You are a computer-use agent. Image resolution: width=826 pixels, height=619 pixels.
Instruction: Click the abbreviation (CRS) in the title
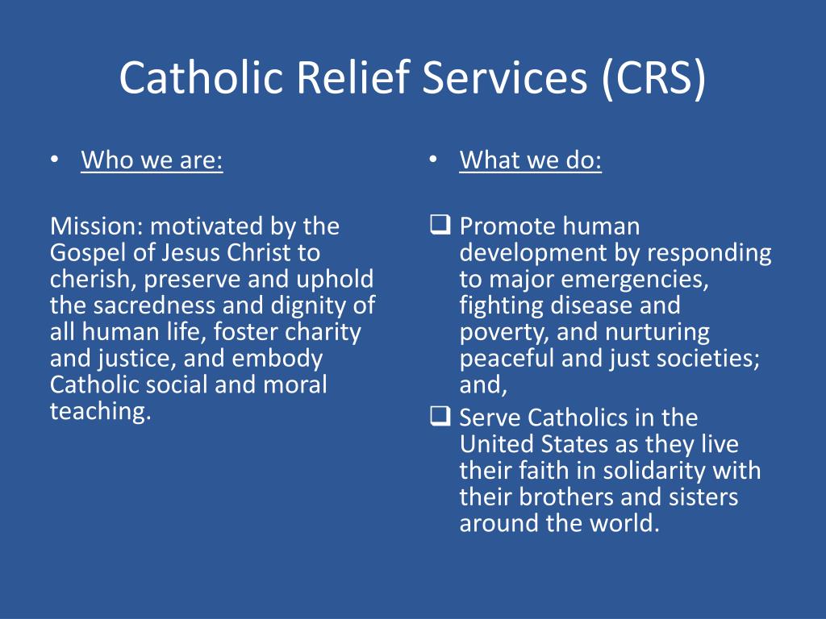653,78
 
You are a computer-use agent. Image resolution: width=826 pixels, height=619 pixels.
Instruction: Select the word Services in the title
505,77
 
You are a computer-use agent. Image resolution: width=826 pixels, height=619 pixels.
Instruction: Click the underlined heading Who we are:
152,160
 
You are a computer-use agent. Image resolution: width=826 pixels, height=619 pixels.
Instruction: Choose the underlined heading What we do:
531,160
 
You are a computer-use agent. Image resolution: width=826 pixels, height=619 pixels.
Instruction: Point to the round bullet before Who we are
54,159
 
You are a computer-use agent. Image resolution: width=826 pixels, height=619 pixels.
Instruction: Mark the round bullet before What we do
433,159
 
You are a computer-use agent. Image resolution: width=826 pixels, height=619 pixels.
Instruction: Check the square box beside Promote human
440,225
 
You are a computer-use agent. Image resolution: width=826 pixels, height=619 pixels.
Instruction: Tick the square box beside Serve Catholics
440,416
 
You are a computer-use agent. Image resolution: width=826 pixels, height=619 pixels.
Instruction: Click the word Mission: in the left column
97,226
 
